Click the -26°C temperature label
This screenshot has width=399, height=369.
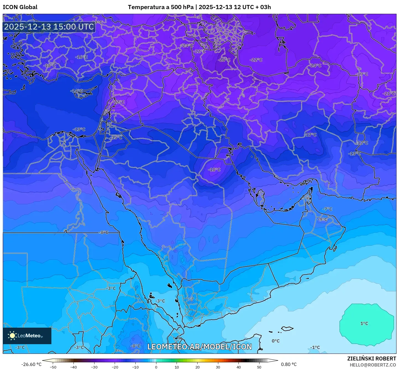[x=224, y=60]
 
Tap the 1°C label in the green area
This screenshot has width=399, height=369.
[x=364, y=323]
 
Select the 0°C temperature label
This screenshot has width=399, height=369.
[x=275, y=341]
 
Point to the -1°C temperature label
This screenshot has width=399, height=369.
[x=315, y=347]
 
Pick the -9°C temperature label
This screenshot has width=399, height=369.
[x=322, y=219]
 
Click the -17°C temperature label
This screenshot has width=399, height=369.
[x=311, y=135]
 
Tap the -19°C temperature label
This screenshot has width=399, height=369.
[x=362, y=74]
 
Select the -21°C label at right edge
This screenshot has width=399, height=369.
[x=389, y=93]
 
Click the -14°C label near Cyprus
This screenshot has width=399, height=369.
[x=77, y=91]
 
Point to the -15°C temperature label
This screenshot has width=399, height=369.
[x=116, y=137]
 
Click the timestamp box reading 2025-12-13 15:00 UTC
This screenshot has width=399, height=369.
[x=49, y=27]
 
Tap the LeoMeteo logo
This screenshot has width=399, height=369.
[x=27, y=336]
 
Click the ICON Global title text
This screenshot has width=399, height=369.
[x=20, y=7]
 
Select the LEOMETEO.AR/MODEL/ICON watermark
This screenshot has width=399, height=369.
[x=200, y=347]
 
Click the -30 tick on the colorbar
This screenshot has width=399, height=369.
[x=94, y=367]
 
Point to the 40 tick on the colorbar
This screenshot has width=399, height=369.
[x=238, y=367]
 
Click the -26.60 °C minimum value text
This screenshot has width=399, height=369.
[x=31, y=364]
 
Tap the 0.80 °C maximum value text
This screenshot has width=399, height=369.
[x=289, y=364]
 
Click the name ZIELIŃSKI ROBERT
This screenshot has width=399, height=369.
[x=371, y=359]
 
